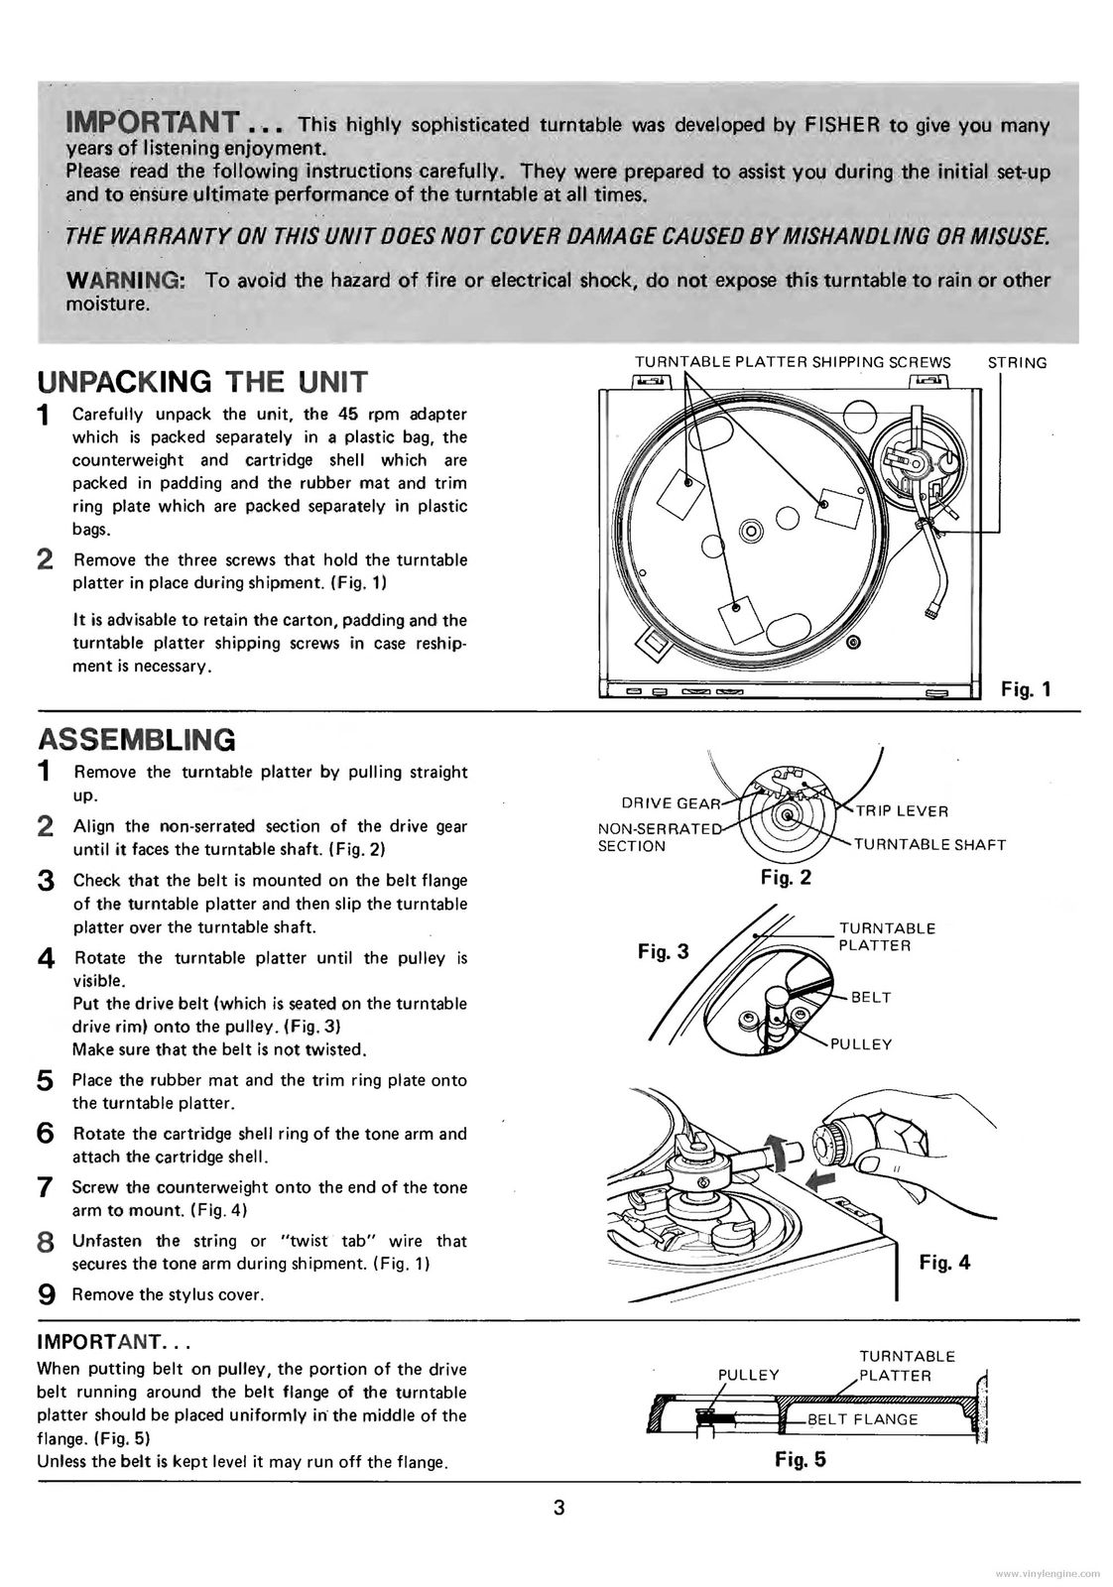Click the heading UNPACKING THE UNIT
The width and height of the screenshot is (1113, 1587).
click(x=201, y=381)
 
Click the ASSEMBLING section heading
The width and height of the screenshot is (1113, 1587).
click(x=136, y=739)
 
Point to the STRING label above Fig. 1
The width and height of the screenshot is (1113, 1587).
click(x=1017, y=363)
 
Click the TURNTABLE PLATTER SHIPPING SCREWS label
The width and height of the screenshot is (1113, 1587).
click(x=792, y=363)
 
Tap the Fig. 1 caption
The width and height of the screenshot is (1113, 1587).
click(x=1025, y=689)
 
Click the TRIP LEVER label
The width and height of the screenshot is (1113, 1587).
click(x=902, y=810)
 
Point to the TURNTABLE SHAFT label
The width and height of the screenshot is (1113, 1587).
click(x=929, y=845)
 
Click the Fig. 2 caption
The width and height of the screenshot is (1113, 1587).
click(x=786, y=877)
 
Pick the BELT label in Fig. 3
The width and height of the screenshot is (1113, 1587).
click(x=871, y=997)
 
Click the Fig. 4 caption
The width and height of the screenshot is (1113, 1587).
click(x=944, y=1262)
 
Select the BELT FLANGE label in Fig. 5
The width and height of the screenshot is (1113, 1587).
click(x=862, y=1418)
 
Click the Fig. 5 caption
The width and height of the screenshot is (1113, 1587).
click(x=800, y=1459)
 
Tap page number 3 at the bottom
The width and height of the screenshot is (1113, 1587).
click(x=558, y=1508)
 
